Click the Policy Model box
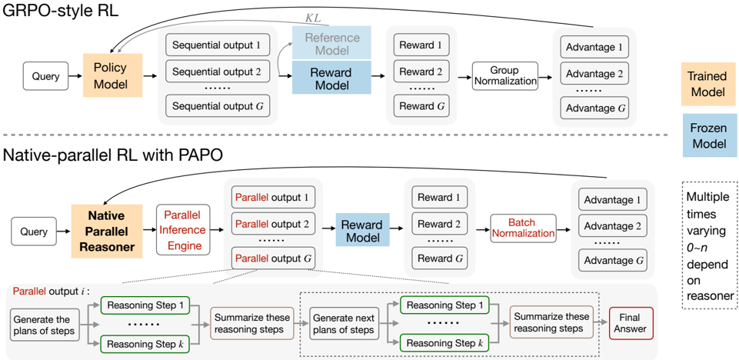[112, 75]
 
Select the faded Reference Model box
[331, 43]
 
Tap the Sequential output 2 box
[218, 72]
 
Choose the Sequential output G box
[218, 106]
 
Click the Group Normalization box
[504, 75]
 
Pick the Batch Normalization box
[522, 228]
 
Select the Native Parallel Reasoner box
[106, 232]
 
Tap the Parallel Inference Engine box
[182, 230]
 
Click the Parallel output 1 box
[273, 198]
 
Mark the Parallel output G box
[273, 258]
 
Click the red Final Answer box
[631, 323]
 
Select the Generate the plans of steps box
[45, 325]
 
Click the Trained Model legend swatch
[709, 84]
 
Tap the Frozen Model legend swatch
[709, 135]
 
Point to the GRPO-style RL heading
[61, 10]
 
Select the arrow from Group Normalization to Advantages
[546, 76]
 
